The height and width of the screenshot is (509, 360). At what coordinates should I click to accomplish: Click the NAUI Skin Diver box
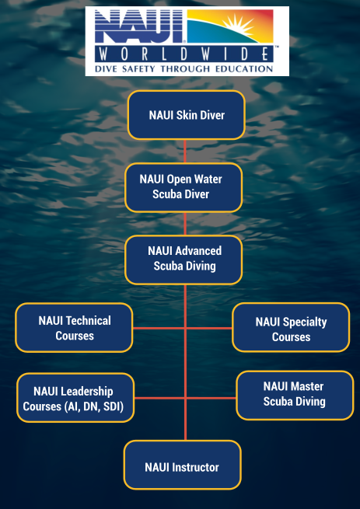(186, 115)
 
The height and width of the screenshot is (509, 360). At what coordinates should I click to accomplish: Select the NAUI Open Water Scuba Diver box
(183, 187)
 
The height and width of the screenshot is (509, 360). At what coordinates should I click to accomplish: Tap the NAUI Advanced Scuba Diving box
(183, 260)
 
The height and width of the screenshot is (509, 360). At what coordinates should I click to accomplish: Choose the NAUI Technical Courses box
(74, 327)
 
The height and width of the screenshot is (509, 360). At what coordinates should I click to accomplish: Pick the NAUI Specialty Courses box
(291, 327)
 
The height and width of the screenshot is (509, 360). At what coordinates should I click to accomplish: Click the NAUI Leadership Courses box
(75, 398)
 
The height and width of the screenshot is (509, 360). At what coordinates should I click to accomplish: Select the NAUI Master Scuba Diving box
(295, 396)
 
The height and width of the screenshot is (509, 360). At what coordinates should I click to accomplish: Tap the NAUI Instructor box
(183, 465)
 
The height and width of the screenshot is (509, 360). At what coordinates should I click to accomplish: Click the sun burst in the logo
(239, 25)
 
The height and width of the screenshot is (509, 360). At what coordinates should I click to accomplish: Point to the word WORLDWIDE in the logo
(184, 54)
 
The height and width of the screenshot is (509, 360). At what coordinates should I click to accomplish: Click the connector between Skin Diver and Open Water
(185, 152)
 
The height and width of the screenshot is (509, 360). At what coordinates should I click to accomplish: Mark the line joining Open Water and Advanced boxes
(185, 224)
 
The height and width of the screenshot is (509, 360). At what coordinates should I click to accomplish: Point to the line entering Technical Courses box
(159, 328)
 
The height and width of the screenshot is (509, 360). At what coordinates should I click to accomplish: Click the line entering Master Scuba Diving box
(211, 398)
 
